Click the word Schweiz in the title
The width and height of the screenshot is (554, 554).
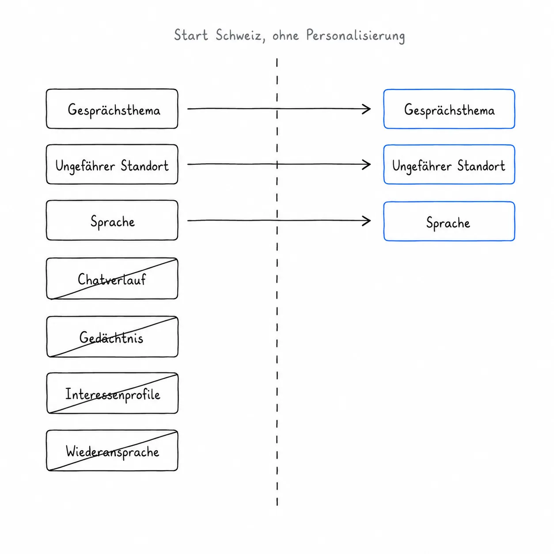coord(239,35)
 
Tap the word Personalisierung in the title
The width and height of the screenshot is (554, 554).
coord(355,36)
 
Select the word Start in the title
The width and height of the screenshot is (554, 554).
coord(191,35)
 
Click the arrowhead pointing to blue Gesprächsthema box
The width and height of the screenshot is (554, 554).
coord(369,109)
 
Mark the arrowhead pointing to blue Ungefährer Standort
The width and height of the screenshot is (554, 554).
coord(369,164)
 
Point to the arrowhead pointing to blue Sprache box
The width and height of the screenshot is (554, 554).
coord(369,221)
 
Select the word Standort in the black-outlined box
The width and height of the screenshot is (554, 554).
coord(144,166)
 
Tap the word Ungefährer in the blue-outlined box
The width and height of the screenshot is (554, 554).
coord(421,167)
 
